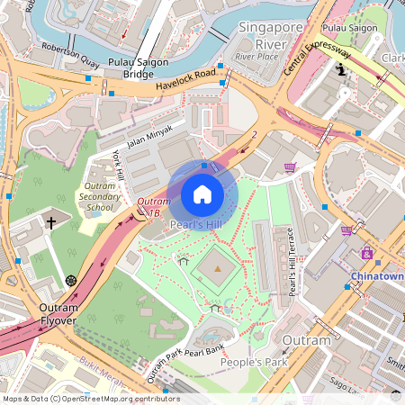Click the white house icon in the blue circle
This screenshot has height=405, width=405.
pos(202,193)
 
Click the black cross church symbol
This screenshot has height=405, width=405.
pos(51,222)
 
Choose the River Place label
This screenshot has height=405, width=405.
pos(256,56)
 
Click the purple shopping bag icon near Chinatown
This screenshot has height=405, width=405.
pos(366,254)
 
